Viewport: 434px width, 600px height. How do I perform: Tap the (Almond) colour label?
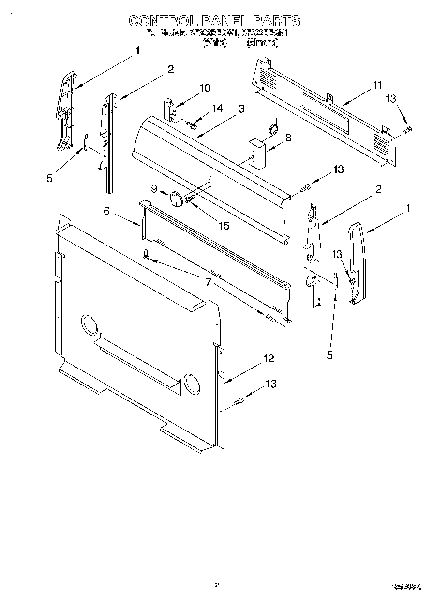coord(262,43)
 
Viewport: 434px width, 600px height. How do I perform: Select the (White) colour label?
coord(215,43)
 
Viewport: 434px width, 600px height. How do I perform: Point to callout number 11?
coord(377,85)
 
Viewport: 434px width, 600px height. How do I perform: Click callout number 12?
coord(269,358)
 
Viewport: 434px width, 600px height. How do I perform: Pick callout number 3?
coord(241,108)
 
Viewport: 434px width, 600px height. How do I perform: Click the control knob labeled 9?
coord(175,199)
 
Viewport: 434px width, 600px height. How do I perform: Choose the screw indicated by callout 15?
coord(189,198)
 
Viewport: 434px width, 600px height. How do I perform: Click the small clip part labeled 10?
coord(169,109)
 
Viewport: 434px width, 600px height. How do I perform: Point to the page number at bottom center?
coord(217,585)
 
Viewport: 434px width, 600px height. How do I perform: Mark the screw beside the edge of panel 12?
coord(239,401)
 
